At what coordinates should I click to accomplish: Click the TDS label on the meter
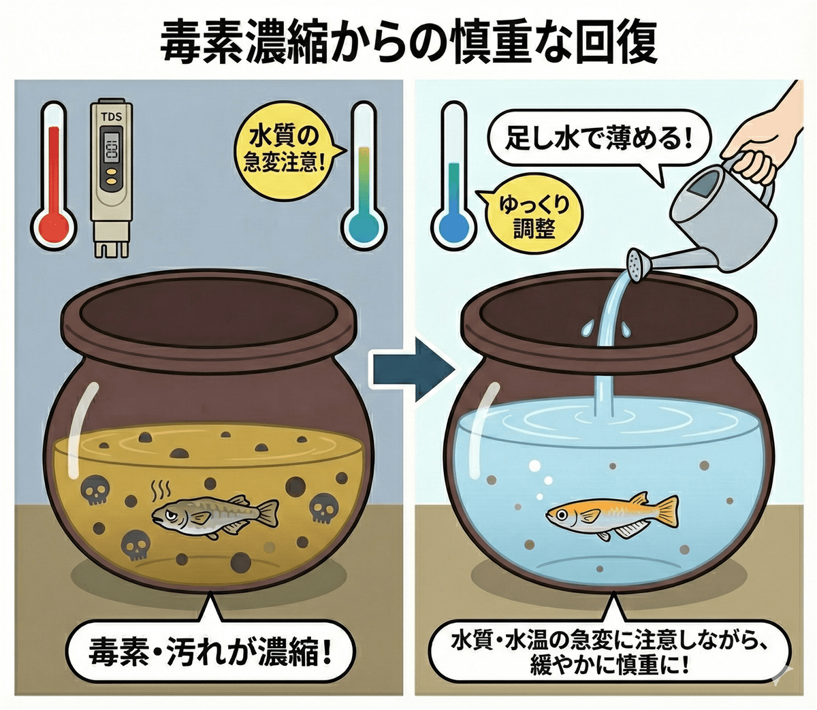click(112, 118)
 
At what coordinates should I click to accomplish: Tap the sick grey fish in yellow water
click(215, 515)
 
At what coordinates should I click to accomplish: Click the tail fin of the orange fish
click(666, 515)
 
